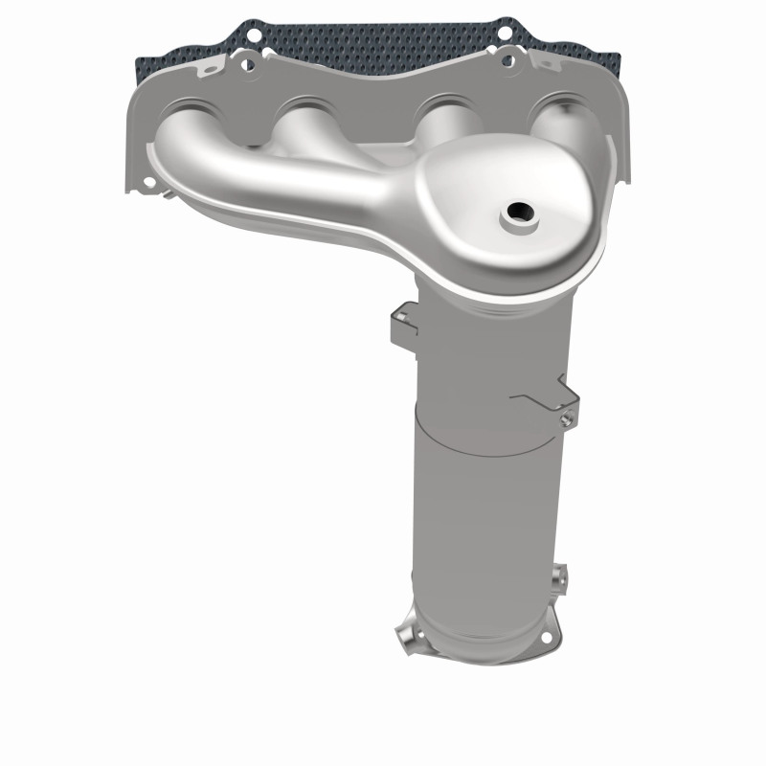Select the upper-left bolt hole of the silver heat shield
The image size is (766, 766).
coord(246,64)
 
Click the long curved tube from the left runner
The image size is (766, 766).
coord(259,172)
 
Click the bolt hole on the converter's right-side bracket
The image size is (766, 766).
coord(568,415)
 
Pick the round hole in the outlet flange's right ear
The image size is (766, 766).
coord(547,636)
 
